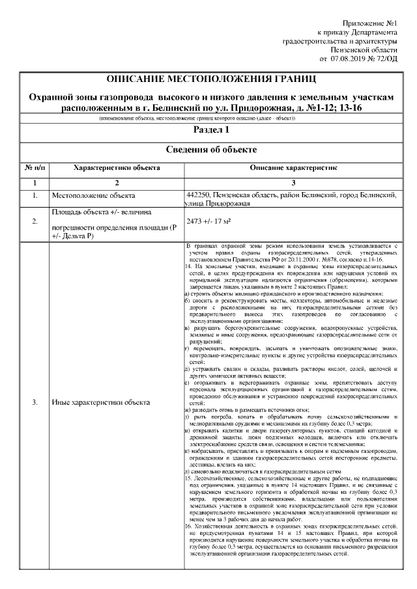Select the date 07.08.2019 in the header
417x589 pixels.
pyautogui.click(x=350, y=59)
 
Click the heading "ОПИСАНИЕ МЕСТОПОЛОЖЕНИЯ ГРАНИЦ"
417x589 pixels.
pyautogui.click(x=211, y=79)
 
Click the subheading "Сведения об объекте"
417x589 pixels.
pyautogui.click(x=210, y=150)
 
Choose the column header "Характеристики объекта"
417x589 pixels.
pyautogui.click(x=117, y=168)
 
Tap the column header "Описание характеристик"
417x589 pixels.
pyautogui.click(x=293, y=168)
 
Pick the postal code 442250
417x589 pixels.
pyautogui.click(x=199, y=195)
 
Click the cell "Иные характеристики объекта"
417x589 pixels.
pyautogui.click(x=101, y=402)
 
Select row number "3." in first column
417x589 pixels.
pyautogui.click(x=35, y=402)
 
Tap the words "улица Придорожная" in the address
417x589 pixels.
pyautogui.click(x=218, y=204)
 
